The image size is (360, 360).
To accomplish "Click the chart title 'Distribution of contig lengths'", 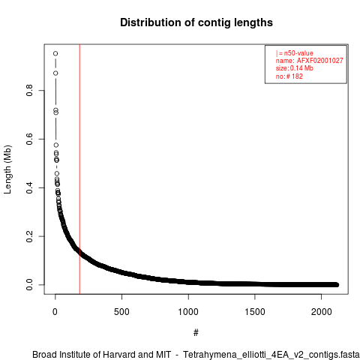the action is pyautogui.click(x=196, y=22).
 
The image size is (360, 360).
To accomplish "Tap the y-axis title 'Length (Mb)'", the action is pyautogui.click(x=7, y=169).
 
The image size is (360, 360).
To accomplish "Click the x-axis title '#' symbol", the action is pyautogui.click(x=196, y=332).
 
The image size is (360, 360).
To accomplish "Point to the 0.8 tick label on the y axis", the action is pyautogui.click(x=29, y=90).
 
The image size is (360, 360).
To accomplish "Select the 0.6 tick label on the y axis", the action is pyautogui.click(x=29, y=139).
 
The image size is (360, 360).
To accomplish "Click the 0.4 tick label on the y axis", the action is pyautogui.click(x=29, y=187).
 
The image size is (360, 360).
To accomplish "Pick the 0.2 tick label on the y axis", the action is pyautogui.click(x=29, y=236).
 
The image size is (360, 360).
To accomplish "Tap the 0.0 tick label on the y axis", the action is pyautogui.click(x=29, y=285).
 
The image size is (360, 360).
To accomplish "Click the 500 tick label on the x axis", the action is pyautogui.click(x=121, y=312).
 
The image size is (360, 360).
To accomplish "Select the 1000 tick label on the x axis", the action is pyautogui.click(x=188, y=312).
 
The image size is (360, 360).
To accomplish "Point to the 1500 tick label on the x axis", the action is pyautogui.click(x=255, y=312).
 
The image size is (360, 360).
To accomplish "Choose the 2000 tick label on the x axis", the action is pyautogui.click(x=321, y=312).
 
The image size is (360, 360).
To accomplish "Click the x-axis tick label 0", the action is pyautogui.click(x=55, y=312).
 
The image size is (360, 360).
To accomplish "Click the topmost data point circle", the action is pyautogui.click(x=55, y=53).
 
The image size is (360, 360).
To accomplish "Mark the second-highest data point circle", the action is pyautogui.click(x=55, y=73).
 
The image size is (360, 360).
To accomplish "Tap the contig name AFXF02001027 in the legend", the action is pyautogui.click(x=319, y=61).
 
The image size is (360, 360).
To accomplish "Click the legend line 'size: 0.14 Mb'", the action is pyautogui.click(x=294, y=68).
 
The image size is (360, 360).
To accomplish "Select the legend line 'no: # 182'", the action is pyautogui.click(x=289, y=76).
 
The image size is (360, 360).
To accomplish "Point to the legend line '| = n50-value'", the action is pyautogui.click(x=294, y=53).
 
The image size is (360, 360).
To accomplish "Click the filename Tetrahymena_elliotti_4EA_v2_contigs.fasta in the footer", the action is pyautogui.click(x=271, y=355).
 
